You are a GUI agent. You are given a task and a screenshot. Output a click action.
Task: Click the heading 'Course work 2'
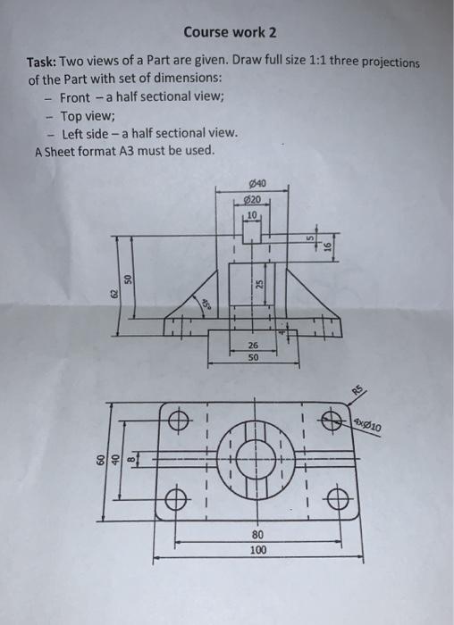point(230,32)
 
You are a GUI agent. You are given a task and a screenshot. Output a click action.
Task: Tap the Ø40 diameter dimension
point(252,185)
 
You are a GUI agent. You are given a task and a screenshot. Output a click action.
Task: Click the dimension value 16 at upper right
point(328,249)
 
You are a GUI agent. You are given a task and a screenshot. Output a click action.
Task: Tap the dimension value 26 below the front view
point(253,345)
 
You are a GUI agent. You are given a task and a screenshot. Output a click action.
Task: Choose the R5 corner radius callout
point(359,390)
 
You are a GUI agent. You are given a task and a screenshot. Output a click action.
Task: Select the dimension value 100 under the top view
point(257,551)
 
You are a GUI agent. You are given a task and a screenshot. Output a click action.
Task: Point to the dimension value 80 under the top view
point(257,534)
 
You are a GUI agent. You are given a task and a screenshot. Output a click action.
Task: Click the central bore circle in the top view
point(258,459)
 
